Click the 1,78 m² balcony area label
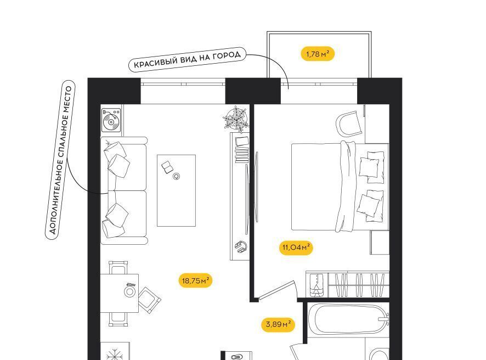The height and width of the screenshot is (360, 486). coord(318,54)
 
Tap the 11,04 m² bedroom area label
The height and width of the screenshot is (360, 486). coord(296,248)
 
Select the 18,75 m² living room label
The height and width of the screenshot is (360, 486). coord(196,280)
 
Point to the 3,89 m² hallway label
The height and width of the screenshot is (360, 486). coord(278,324)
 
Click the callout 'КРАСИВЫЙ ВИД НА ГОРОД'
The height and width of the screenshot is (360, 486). coord(187,60)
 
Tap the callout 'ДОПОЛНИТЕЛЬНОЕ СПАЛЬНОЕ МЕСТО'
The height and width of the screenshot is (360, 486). coord(60,160)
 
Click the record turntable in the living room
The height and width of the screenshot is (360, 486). coord(111,120)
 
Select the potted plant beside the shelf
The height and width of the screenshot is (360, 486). coord(236,118)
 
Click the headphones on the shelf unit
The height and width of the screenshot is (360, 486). coord(241,247)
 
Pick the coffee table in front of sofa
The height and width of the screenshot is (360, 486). coord(177,190)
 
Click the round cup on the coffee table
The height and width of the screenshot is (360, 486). coord(177,177)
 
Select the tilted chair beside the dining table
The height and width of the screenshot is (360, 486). coord(149,300)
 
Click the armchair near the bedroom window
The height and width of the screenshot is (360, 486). coord(349,123)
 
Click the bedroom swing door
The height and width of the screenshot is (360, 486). coord(277,290)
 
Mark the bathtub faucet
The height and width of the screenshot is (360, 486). coord(385,319)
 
